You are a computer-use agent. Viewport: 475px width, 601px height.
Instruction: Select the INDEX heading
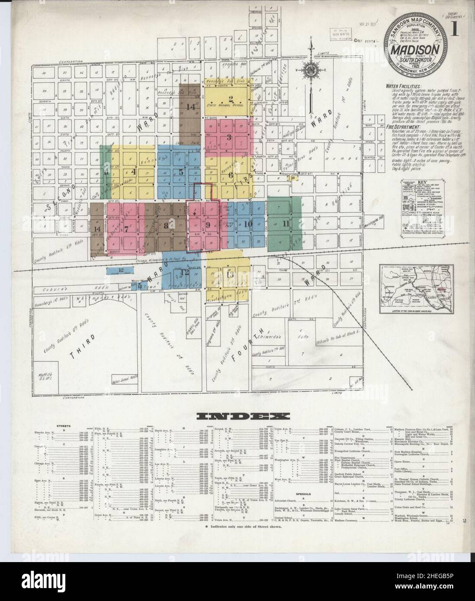coord(238,416)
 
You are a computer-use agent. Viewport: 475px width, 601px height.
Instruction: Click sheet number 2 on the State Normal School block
coord(231,97)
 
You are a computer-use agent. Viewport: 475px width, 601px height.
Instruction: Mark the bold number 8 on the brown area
coord(166,224)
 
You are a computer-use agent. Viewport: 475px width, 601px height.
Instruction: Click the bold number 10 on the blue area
coord(248,224)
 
